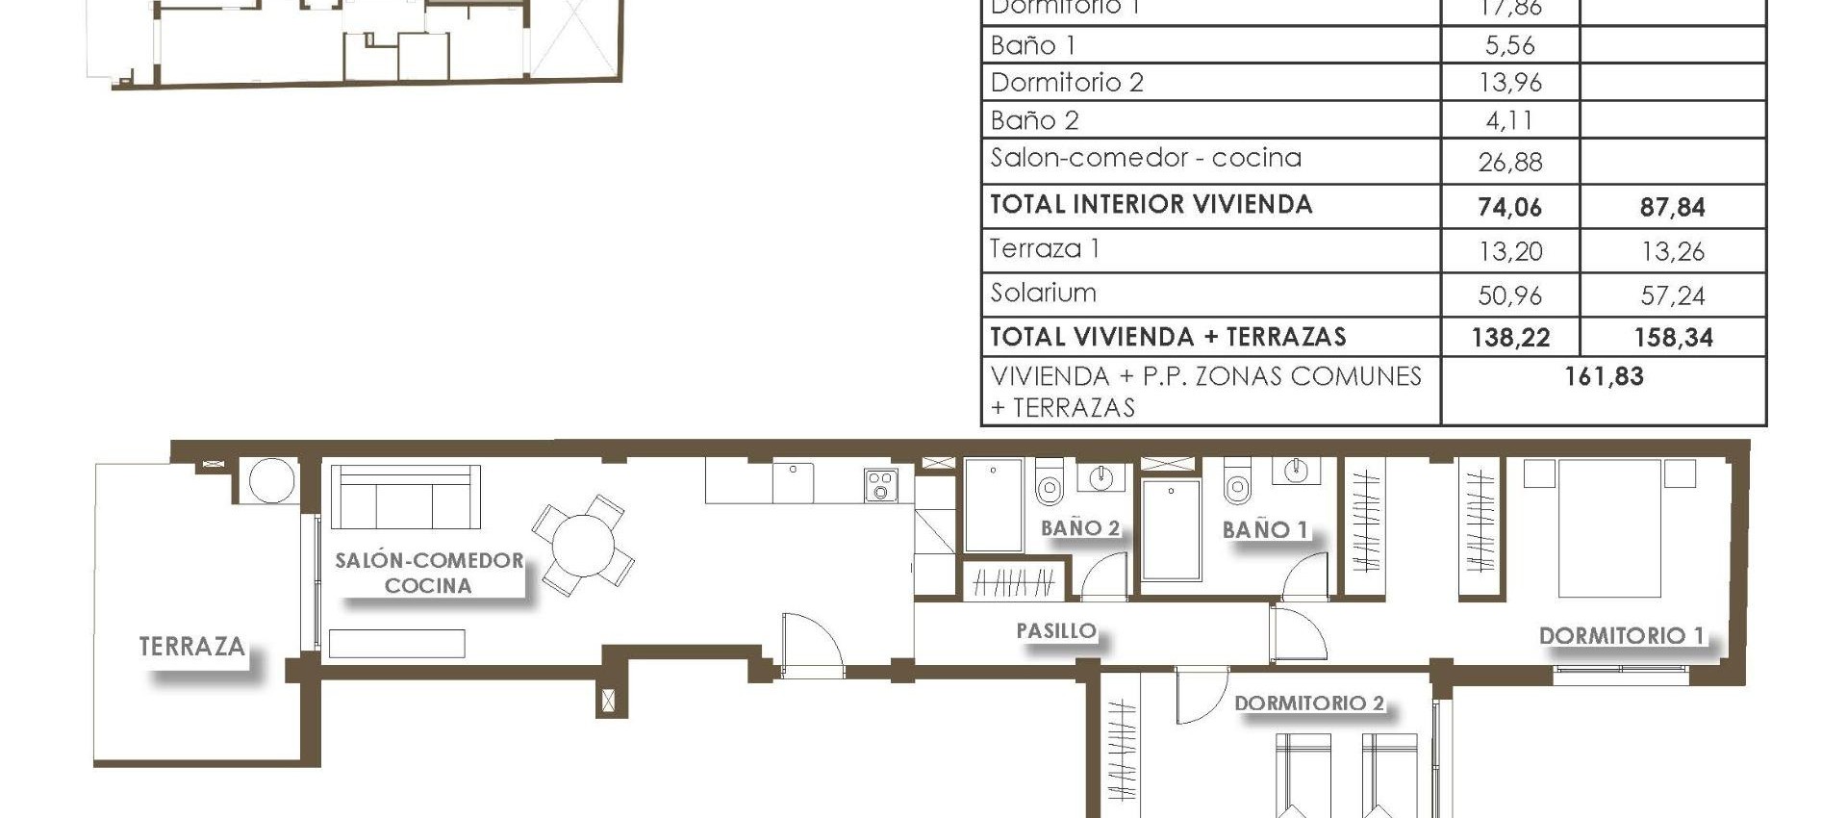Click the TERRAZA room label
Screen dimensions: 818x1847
point(191,646)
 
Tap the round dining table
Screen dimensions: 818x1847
point(583,545)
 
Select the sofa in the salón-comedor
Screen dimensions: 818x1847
point(405,498)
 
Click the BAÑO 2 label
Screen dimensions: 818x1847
point(1079,527)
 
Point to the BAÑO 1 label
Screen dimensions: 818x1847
point(1264,529)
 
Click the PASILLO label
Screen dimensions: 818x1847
point(1056,630)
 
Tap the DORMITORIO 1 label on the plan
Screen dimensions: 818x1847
point(1621,635)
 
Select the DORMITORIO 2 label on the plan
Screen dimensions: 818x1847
point(1308,703)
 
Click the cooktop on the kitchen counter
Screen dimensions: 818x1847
point(880,485)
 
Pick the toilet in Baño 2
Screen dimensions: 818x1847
point(1049,483)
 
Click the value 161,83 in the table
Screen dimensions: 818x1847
point(1604,376)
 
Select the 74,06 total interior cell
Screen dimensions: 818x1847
point(1509,207)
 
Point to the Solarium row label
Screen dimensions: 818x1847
point(1043,293)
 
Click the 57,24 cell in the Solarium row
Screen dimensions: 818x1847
point(1672,295)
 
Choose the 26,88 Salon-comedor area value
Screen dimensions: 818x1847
point(1509,162)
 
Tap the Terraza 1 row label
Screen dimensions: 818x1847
point(1044,249)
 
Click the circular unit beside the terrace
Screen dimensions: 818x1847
point(270,479)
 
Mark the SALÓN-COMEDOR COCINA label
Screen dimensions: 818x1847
point(428,573)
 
